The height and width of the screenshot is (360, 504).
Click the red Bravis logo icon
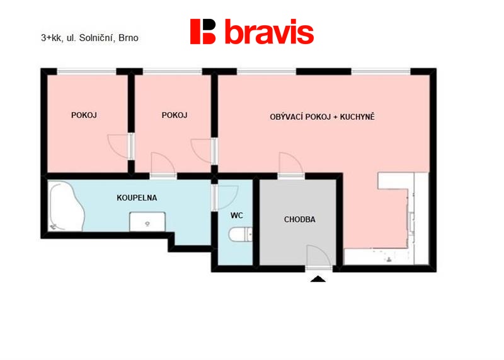tap(202, 31)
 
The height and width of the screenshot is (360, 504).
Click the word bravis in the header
tap(269, 31)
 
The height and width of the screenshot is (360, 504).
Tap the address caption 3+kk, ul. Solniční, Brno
tap(89, 38)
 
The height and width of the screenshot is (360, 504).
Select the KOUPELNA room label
tap(137, 198)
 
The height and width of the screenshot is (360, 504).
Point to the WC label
tap(237, 216)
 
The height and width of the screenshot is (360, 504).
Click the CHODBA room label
tap(300, 220)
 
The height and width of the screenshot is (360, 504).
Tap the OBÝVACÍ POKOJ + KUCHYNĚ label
tap(322, 117)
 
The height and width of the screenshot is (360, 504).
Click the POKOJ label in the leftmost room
tap(84, 115)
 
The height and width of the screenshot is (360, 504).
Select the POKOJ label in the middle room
tap(175, 115)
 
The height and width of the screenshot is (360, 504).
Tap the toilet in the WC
tap(241, 234)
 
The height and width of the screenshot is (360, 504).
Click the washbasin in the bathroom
tap(147, 222)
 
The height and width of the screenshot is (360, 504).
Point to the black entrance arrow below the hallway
tap(318, 279)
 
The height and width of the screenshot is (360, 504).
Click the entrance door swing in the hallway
tap(319, 256)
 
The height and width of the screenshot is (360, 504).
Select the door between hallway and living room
tap(291, 163)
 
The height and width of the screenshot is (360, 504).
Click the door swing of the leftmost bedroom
tap(118, 146)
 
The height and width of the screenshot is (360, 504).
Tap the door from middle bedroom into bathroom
tap(163, 163)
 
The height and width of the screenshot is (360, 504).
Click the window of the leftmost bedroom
tap(86, 71)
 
